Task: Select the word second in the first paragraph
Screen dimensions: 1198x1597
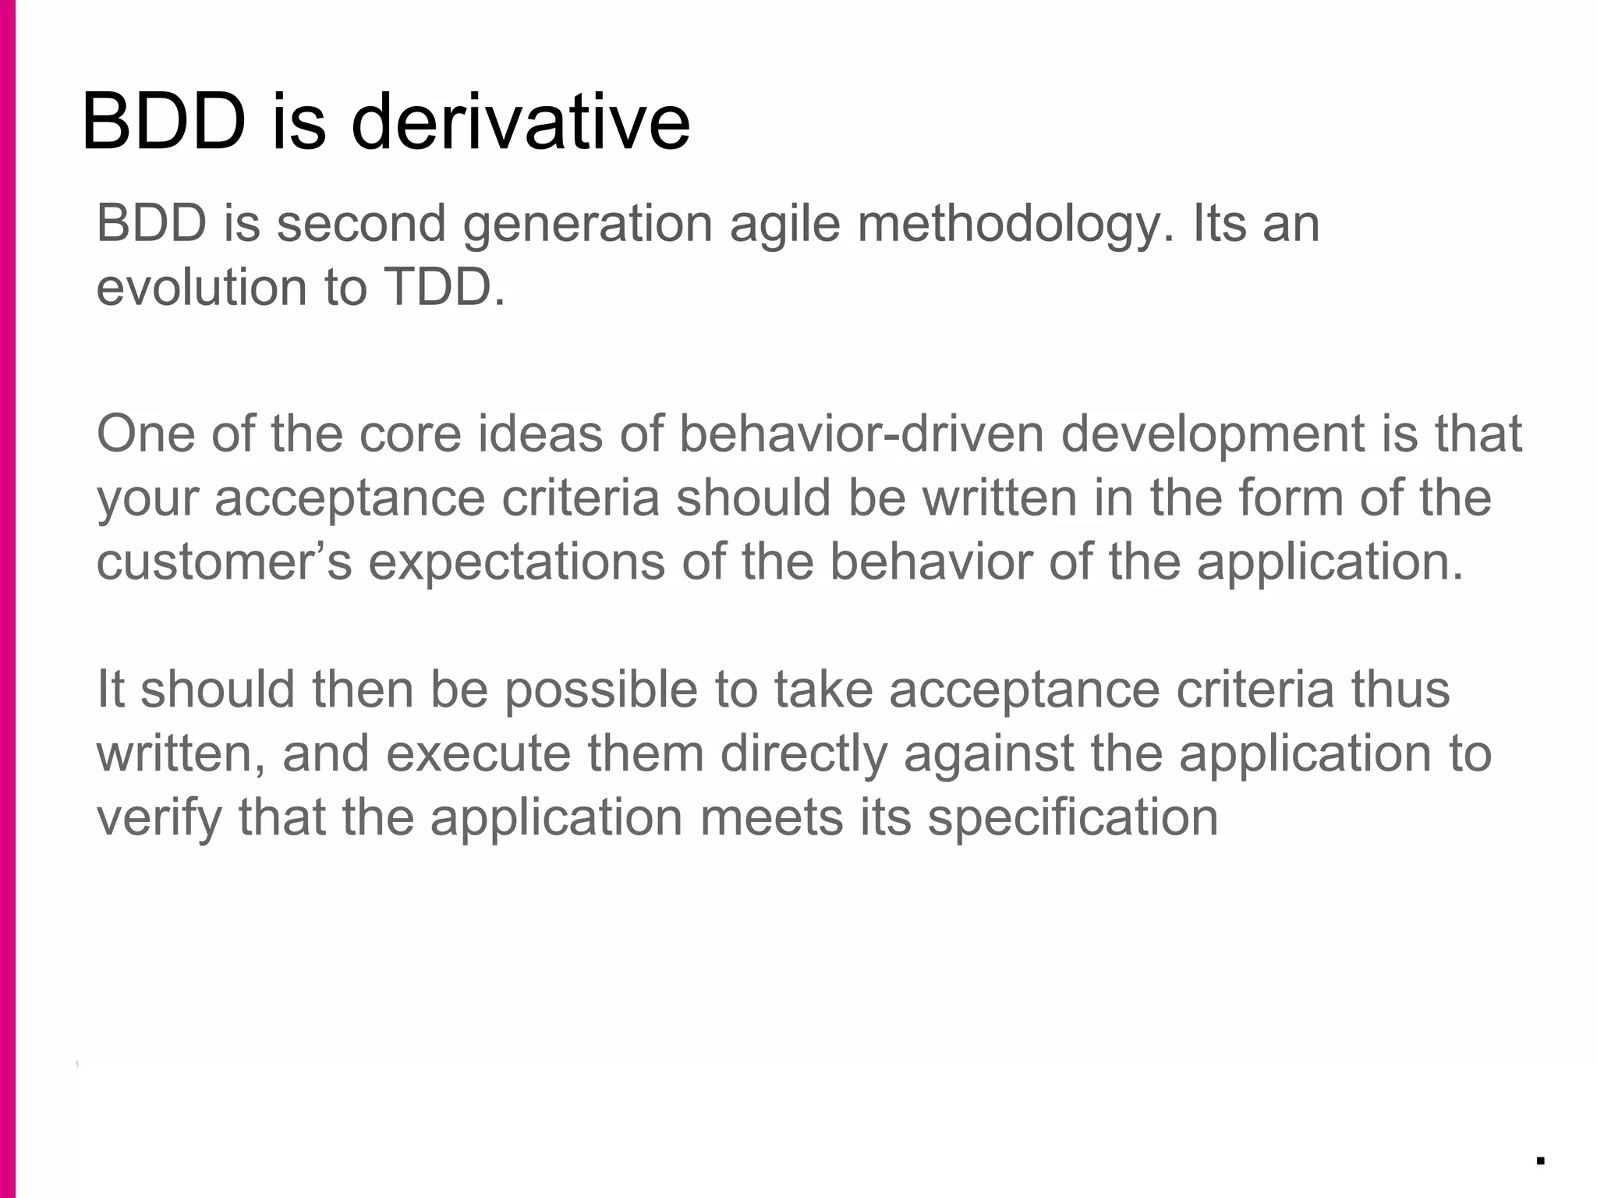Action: coord(361,223)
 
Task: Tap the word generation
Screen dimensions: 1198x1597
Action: coord(588,225)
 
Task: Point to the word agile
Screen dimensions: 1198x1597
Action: coord(784,225)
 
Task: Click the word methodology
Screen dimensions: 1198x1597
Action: coord(1015,225)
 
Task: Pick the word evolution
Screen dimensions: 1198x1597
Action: coord(202,287)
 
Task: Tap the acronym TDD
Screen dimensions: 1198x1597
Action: coord(444,287)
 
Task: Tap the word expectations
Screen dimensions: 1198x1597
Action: coord(516,563)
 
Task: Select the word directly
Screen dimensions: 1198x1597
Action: coord(804,755)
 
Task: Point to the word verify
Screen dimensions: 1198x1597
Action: coord(159,819)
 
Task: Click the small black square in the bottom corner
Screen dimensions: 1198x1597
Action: coord(1540,1161)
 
